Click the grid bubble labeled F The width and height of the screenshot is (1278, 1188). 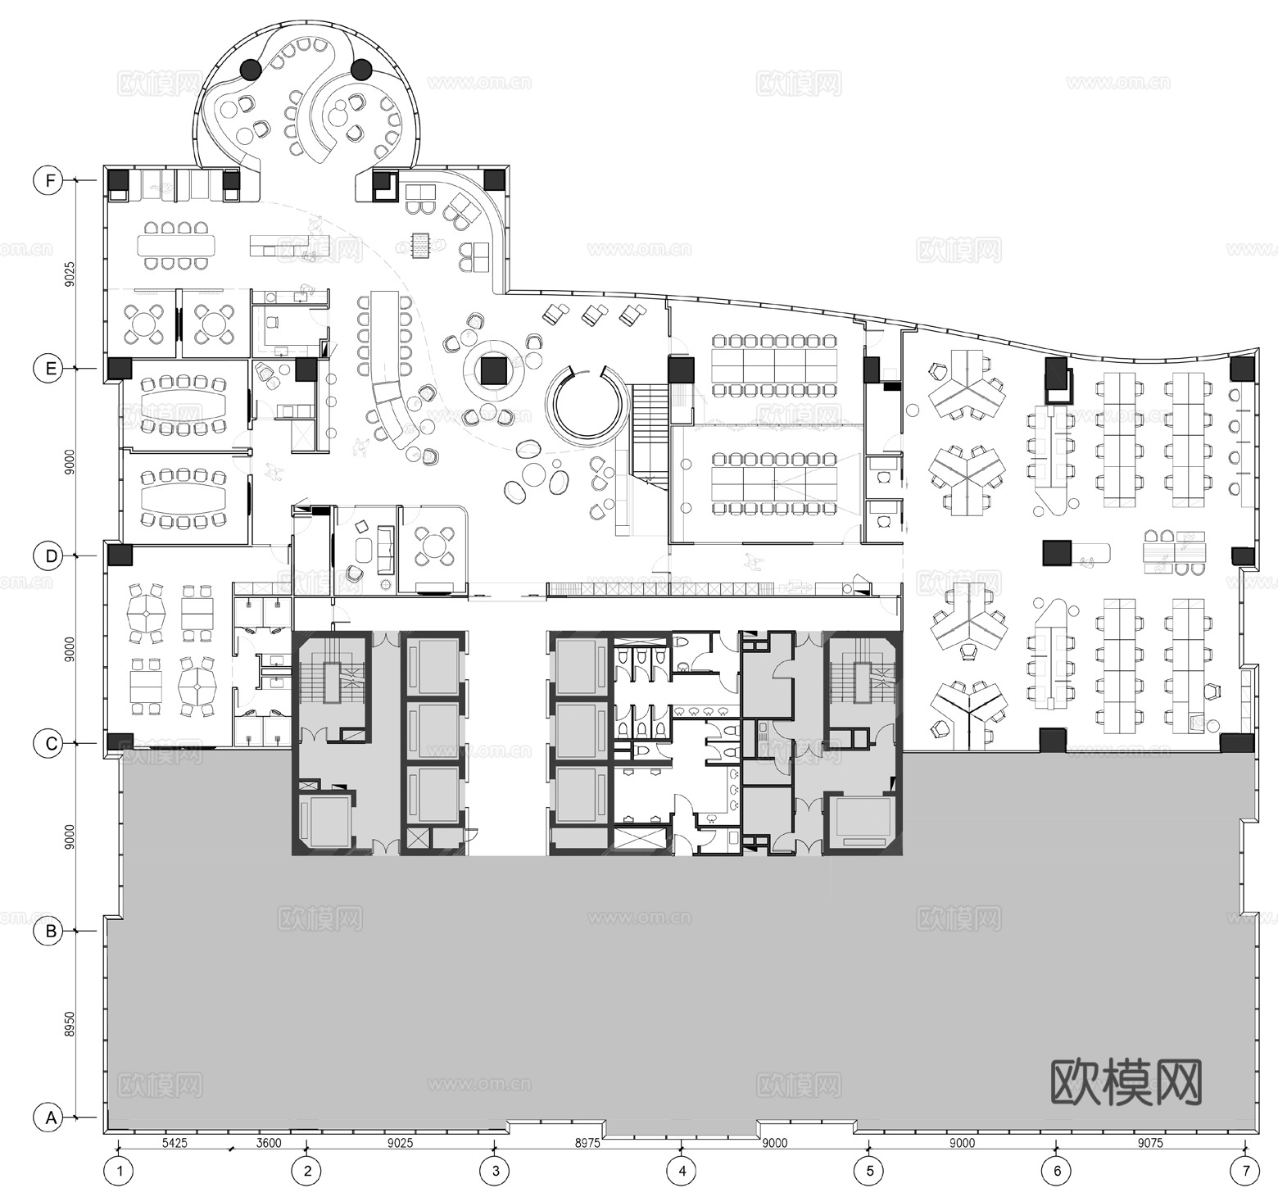pyautogui.click(x=51, y=180)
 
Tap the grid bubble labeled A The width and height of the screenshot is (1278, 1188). pyautogui.click(x=51, y=1118)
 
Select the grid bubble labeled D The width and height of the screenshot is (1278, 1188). pyautogui.click(x=51, y=556)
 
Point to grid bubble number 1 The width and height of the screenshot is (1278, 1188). pyautogui.click(x=120, y=1170)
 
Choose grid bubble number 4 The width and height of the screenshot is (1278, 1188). pyautogui.click(x=682, y=1170)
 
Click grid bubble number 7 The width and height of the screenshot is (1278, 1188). pyautogui.click(x=1246, y=1170)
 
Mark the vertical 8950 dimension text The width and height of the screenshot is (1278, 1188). pyautogui.click(x=70, y=1023)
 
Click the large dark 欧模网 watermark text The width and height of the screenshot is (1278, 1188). pyautogui.click(x=1126, y=1083)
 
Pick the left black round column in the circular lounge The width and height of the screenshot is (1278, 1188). pyautogui.click(x=251, y=70)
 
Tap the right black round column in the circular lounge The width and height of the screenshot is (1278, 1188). pyautogui.click(x=361, y=70)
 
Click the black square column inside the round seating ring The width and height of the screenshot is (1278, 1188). pyautogui.click(x=493, y=371)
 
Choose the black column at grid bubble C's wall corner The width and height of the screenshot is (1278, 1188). pyautogui.click(x=120, y=742)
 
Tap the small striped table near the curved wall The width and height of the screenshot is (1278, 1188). pyautogui.click(x=421, y=244)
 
